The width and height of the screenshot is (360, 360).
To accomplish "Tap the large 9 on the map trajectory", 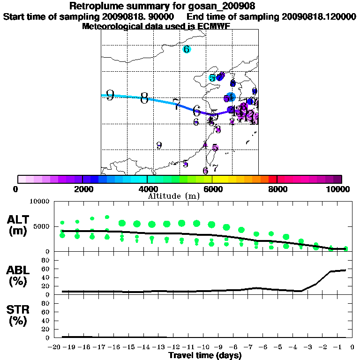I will click(x=110, y=96).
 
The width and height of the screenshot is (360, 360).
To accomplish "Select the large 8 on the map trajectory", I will click(x=144, y=98).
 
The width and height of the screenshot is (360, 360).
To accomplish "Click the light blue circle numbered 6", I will click(x=187, y=49).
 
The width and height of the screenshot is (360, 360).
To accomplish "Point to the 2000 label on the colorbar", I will click(x=82, y=189).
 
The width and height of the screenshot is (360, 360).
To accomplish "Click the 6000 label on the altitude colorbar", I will click(x=212, y=189).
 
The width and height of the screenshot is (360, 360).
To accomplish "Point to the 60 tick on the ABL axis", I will click(x=46, y=269).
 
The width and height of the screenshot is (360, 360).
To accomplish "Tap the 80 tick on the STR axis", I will click(x=46, y=303).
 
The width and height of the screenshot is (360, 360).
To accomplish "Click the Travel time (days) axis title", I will click(x=205, y=356).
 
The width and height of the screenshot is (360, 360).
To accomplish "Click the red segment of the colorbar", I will click(x=272, y=179).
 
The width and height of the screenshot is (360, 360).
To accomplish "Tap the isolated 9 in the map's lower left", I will click(x=159, y=145).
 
